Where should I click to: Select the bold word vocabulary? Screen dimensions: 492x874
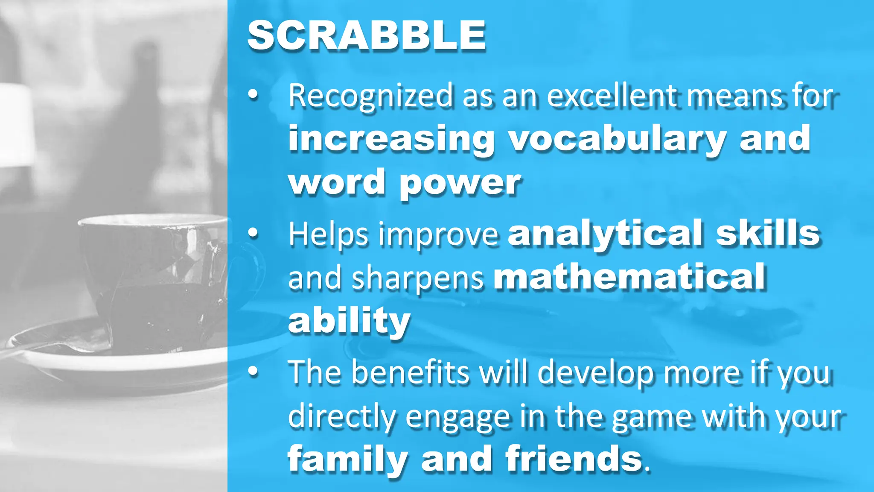617,139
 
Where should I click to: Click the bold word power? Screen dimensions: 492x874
460,183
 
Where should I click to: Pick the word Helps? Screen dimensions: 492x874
328,234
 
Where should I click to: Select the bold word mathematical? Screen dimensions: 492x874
629,277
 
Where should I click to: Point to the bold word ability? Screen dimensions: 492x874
349,320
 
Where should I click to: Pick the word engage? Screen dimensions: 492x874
458,417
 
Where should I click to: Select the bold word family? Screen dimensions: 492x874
347,460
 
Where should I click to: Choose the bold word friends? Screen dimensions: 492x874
574,459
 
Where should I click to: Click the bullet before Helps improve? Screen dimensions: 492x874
253,233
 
